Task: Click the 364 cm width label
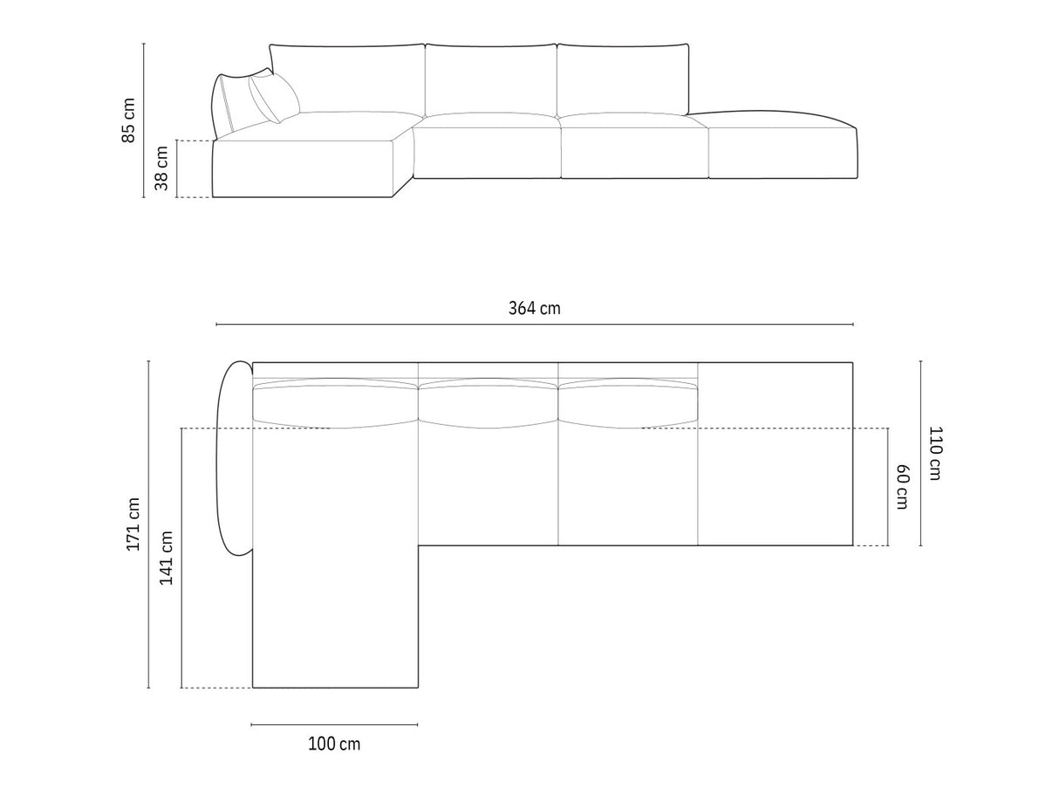pos(535,308)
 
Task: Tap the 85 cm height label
pos(128,120)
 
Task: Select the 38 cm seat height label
pos(161,168)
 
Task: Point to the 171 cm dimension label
pos(133,524)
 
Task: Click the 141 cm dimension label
pos(166,558)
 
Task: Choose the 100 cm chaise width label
pos(334,744)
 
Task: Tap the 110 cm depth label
pos(935,453)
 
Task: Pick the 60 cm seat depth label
pos(902,487)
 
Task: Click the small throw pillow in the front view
pos(274,98)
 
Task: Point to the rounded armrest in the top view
pos(234,457)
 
